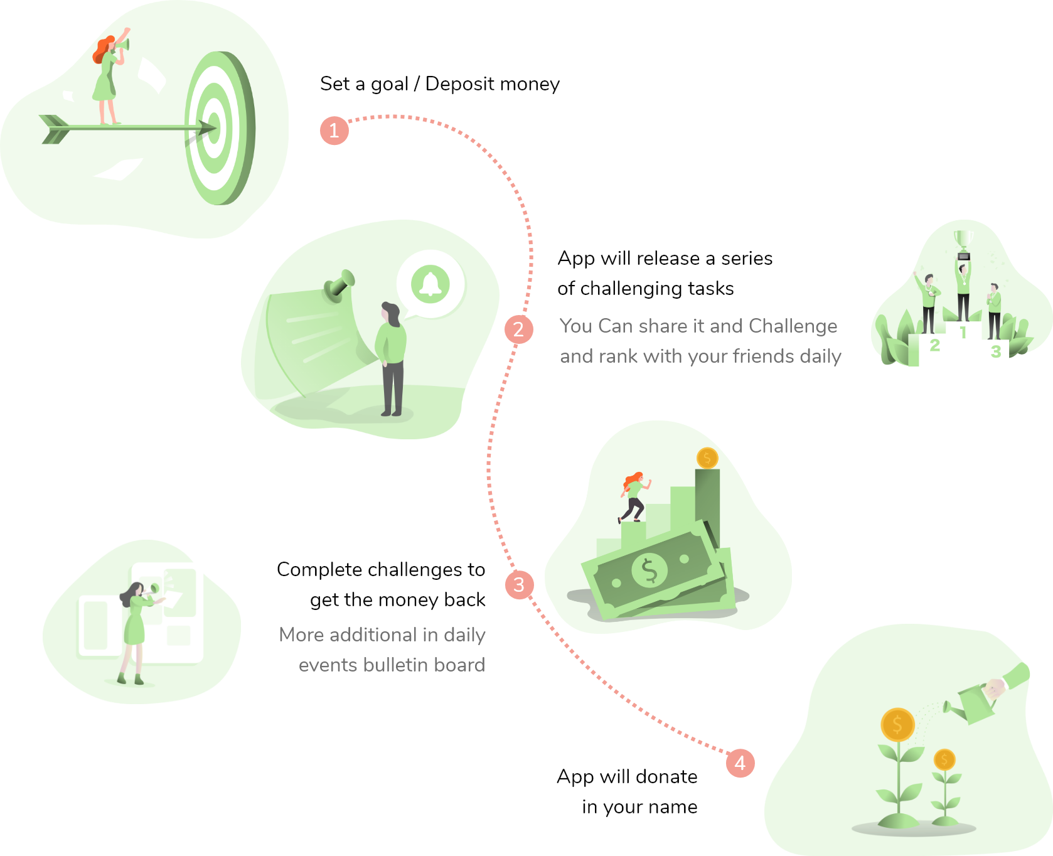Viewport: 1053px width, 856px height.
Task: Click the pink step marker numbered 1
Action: pyautogui.click(x=334, y=131)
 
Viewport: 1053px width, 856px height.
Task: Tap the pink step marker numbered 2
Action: pyautogui.click(x=518, y=329)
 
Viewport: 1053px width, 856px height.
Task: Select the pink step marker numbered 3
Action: pyautogui.click(x=519, y=585)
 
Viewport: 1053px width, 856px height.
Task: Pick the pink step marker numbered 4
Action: pyautogui.click(x=740, y=763)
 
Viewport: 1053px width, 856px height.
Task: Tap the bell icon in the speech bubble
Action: pyautogui.click(x=430, y=284)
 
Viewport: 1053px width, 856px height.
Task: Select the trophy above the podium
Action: pyautogui.click(x=964, y=244)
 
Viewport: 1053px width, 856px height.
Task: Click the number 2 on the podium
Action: pyautogui.click(x=934, y=345)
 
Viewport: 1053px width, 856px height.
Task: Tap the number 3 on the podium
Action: pyautogui.click(x=995, y=351)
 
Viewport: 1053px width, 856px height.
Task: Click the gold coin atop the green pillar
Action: pyautogui.click(x=707, y=458)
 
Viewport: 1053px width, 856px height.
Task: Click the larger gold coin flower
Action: pyautogui.click(x=897, y=725)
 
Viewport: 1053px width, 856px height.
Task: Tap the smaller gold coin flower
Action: pyautogui.click(x=944, y=760)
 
